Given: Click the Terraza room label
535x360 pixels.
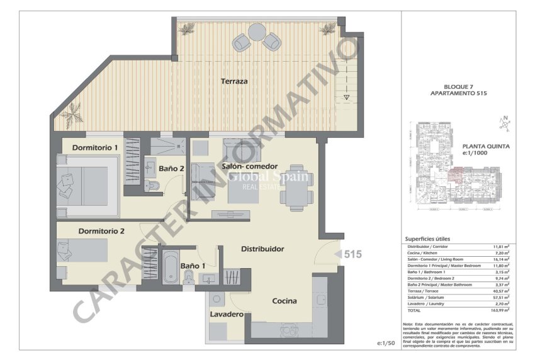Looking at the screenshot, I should coord(234,81).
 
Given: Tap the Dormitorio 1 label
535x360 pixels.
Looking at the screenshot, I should coord(95,147).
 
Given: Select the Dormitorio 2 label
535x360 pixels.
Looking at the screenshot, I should coord(101,231).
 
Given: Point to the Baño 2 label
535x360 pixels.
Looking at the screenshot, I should coord(171,169).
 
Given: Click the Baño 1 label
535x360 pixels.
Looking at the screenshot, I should coord(193,266).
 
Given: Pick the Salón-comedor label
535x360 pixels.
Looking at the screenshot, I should coord(249,166).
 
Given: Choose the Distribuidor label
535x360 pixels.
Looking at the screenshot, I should coord(262,249).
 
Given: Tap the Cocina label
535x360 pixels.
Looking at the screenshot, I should coord(284,301).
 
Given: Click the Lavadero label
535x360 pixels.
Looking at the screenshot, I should coord(227,313).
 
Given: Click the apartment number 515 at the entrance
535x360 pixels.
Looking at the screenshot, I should coord(353,254).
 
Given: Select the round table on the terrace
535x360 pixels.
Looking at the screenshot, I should coord(257,31).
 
